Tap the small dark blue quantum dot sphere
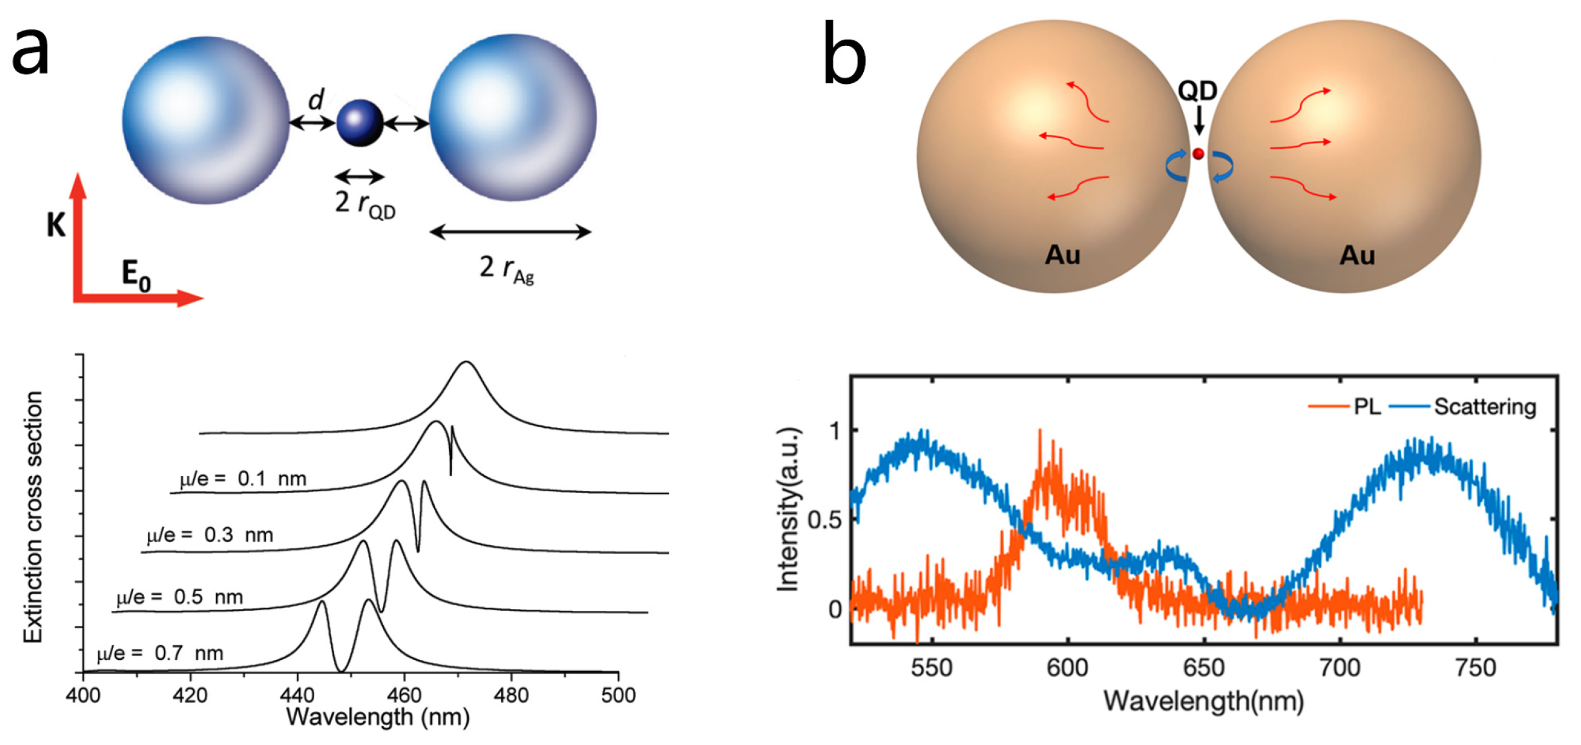point(360,123)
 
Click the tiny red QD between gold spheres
point(1198,153)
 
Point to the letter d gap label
point(317,99)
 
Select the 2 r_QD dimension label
point(365,204)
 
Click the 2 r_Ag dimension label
point(507,269)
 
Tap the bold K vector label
point(55,225)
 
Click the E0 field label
point(136,275)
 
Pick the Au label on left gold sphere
point(1062,255)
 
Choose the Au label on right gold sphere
point(1357,255)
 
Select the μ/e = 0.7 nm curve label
point(160,653)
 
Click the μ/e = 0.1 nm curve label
point(243,479)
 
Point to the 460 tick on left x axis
point(404,695)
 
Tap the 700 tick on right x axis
point(1339,668)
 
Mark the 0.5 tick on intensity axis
point(824,520)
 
